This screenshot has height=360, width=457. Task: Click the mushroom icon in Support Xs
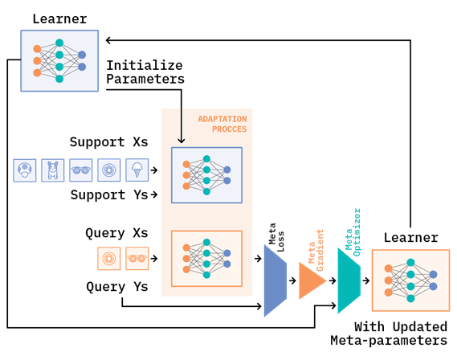click(25, 170)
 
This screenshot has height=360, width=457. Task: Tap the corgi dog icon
click(53, 170)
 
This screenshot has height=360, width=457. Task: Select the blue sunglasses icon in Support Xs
click(81, 170)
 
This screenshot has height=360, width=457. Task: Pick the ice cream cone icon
click(137, 170)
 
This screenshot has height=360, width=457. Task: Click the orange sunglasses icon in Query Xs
click(137, 259)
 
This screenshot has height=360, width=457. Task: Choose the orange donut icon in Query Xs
click(108, 259)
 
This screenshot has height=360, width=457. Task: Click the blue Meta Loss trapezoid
click(275, 280)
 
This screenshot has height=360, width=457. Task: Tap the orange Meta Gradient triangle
click(312, 280)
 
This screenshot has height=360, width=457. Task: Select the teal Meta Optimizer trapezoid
click(349, 280)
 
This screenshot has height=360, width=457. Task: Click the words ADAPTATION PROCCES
click(222, 124)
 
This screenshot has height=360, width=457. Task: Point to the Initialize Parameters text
click(145, 72)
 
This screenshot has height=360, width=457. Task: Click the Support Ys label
click(109, 194)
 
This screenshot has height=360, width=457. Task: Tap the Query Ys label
click(117, 287)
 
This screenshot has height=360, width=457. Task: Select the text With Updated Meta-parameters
click(389, 333)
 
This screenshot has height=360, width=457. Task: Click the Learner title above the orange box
click(410, 238)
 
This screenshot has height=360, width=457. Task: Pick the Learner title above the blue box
click(59, 19)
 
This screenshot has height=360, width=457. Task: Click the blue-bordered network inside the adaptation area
click(206, 175)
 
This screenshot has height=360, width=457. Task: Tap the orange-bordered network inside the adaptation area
click(206, 259)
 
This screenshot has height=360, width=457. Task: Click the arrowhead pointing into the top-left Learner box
click(108, 40)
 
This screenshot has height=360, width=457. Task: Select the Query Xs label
click(116, 233)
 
